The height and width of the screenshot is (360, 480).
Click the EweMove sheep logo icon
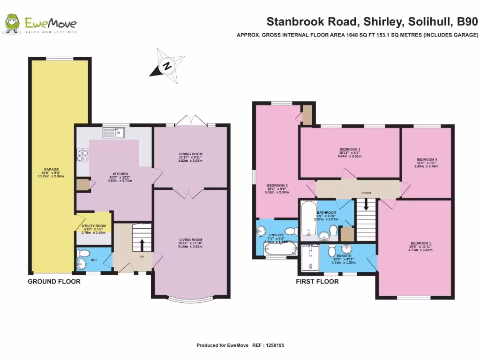12,24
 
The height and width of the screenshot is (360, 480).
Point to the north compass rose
166,66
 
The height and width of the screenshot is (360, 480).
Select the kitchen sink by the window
114,133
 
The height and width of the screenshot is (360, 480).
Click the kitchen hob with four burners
82,155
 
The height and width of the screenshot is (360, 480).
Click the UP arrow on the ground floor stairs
141,244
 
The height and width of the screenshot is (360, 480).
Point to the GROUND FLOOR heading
54,281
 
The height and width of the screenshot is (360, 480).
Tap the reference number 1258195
274,345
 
